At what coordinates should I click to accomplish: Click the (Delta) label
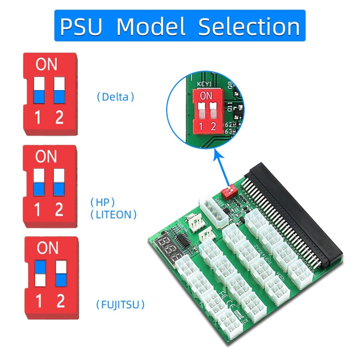pos(116,97)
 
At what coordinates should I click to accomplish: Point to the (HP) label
pos(103,202)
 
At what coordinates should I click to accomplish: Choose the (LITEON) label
pos(113,215)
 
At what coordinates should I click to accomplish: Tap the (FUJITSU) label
pos(121,305)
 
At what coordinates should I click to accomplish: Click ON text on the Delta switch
pos(46,65)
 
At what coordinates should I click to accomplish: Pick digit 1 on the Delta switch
pos(38,117)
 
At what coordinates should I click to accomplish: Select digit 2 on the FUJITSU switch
pos(60,301)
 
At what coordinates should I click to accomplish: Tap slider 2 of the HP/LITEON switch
pos(59,182)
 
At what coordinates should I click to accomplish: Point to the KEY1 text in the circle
pos(205,84)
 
